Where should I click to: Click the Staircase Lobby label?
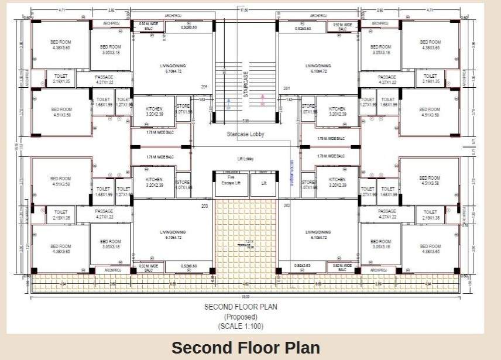tap(245, 134)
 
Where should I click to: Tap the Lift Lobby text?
tap(245, 159)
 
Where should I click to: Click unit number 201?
tap(287, 89)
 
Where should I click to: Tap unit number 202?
tap(287, 206)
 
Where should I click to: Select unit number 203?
tap(204, 206)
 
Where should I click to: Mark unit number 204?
tap(204, 87)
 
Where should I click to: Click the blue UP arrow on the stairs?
tap(228, 102)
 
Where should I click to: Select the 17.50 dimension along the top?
tap(243, 10)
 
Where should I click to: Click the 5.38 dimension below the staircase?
tap(245, 122)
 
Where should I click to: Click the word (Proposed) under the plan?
tap(241, 316)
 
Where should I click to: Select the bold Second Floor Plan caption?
tap(245, 348)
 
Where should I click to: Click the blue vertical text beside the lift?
tap(290, 173)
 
